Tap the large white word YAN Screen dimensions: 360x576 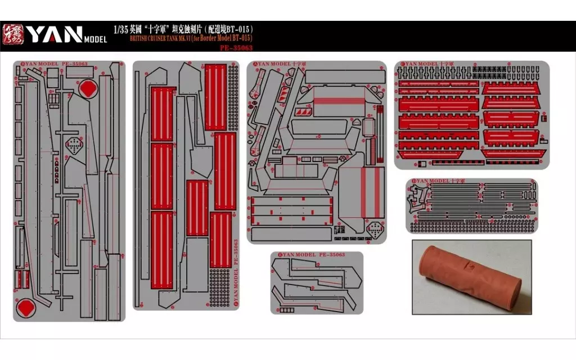point(55,34)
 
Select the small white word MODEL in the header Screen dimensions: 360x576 point(95,39)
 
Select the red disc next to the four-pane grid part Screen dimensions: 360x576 point(88,89)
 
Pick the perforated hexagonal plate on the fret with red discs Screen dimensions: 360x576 point(73,145)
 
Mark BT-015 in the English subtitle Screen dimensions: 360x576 point(242,38)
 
